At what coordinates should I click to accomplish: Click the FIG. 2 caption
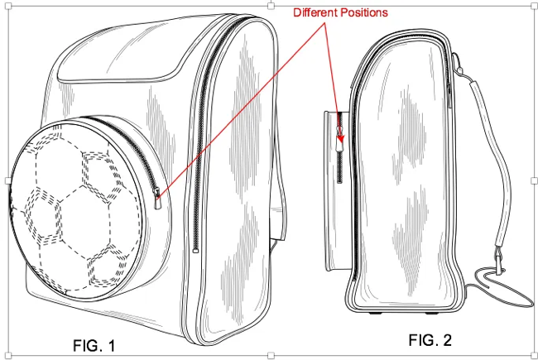pyautogui.click(x=431, y=339)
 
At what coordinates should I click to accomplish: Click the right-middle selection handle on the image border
pyautogui.click(x=531, y=180)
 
